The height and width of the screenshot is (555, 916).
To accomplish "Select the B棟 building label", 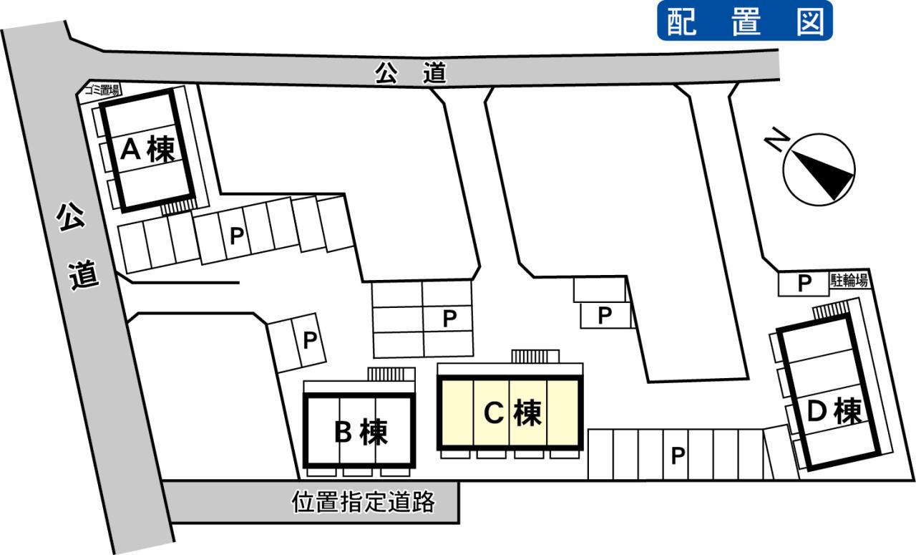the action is pos(360,432).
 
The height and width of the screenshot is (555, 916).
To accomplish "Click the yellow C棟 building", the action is pos(510,413).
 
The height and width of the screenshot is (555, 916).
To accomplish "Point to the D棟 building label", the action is pos(833,412).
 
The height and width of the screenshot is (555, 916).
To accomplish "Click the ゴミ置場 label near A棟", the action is pos(102,90).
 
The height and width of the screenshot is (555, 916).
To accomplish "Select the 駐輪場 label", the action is pos(849,281).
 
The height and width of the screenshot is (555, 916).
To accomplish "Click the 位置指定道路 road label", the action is pos(364,502).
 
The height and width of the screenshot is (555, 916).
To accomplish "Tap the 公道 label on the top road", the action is pos(411,73).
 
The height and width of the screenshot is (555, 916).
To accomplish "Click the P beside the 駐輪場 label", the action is pos(804,284).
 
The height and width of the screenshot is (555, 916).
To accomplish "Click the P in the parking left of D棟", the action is pos(678,454).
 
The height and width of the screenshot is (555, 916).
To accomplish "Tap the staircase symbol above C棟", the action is pos(535,356).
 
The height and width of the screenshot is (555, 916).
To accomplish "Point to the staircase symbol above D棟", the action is pos(829,310).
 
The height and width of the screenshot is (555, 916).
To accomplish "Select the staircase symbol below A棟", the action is pos(176,207).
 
